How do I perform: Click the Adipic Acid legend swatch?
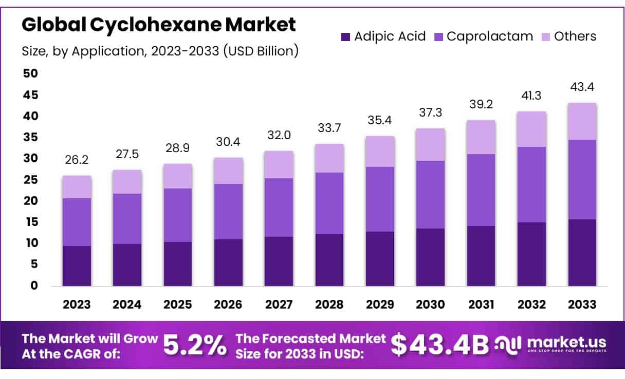click(x=345, y=36)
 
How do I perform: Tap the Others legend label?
click(x=575, y=36)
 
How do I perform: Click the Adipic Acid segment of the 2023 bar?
click(x=77, y=266)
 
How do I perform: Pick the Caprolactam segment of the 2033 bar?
click(x=582, y=179)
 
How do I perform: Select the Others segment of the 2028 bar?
click(x=329, y=158)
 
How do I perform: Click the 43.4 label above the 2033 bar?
click(x=582, y=88)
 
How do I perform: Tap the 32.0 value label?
click(x=279, y=136)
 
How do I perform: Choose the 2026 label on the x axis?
click(x=228, y=304)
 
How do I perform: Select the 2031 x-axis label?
click(x=481, y=304)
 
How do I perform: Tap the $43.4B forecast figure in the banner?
click(x=440, y=345)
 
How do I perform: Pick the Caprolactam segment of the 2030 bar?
click(x=431, y=195)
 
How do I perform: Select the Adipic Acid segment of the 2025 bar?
click(x=178, y=263)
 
